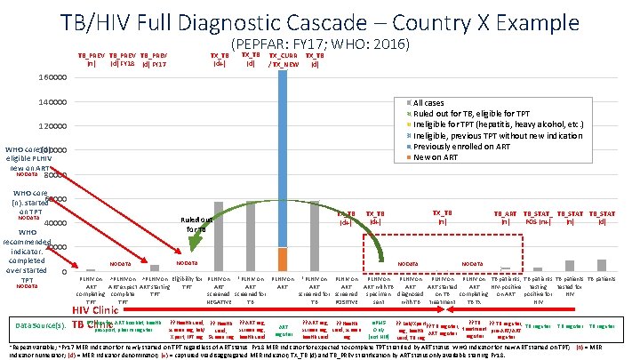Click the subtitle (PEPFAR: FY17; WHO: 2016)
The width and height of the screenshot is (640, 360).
pyautogui.click(x=322, y=42)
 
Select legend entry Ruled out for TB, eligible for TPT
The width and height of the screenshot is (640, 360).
pyautogui.click(x=481, y=114)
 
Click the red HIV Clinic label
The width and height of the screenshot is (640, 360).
pyautogui.click(x=94, y=309)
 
